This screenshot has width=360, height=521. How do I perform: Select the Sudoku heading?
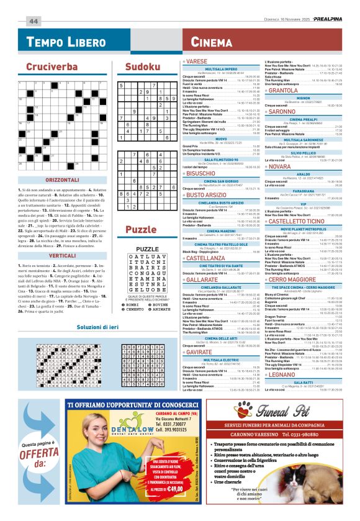pyautogui.click(x=141, y=66)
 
